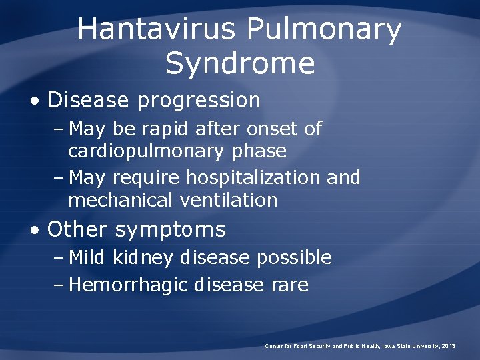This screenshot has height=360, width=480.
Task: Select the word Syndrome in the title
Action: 240,64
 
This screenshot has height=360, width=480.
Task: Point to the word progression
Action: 199,101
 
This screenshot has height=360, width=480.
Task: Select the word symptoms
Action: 170,231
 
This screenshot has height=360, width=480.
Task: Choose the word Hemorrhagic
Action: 129,285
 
